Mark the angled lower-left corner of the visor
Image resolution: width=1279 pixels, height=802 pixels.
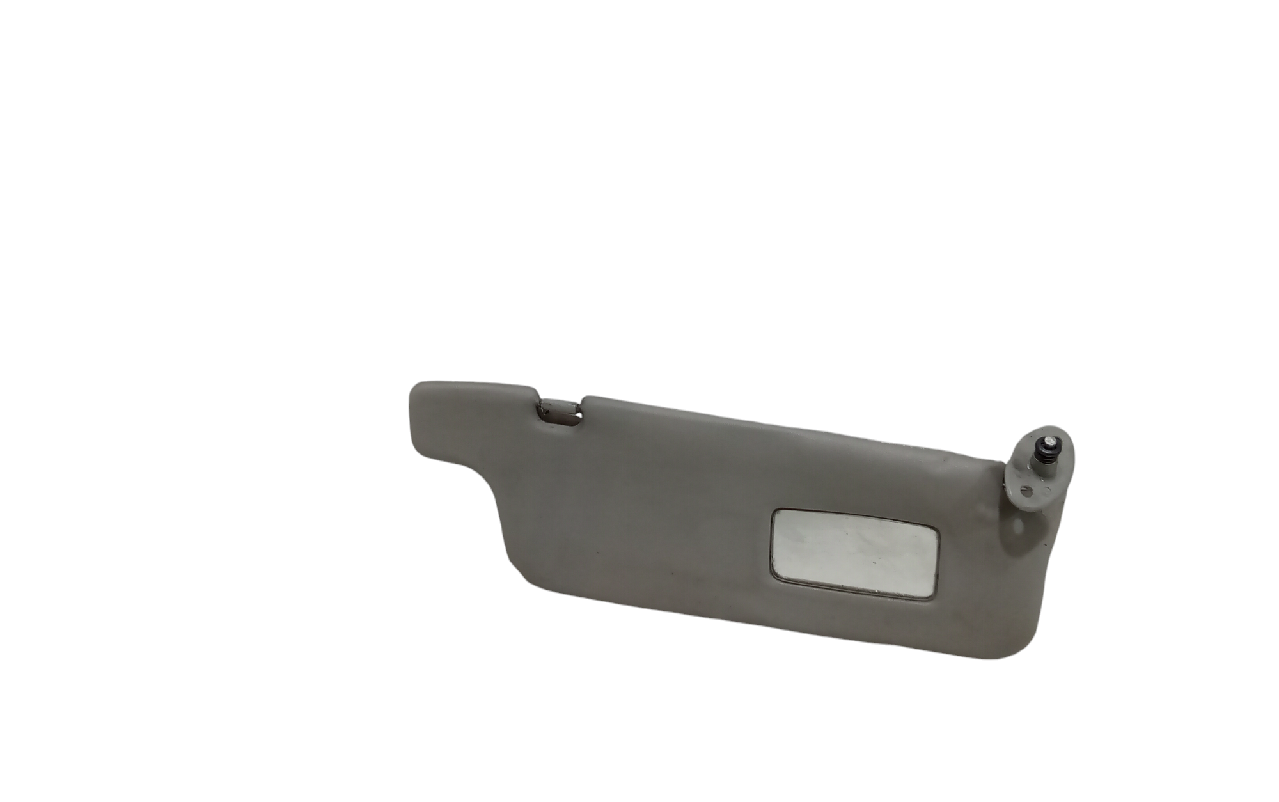pos(521,576)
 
